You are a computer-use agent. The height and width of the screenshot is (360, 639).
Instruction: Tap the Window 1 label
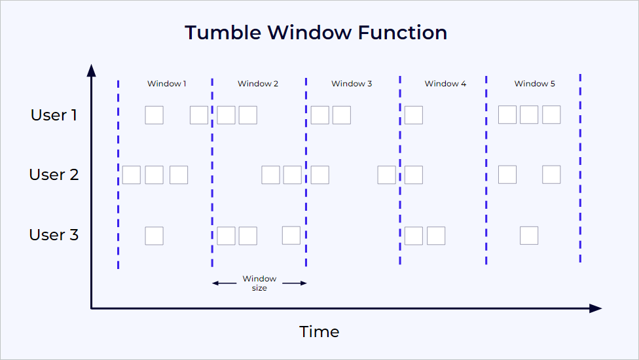coord(166,84)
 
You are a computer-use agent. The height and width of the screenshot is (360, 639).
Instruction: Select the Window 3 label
coord(352,84)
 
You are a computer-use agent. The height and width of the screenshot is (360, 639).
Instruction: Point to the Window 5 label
coord(534,84)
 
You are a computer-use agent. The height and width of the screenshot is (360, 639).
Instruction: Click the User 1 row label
coord(54,115)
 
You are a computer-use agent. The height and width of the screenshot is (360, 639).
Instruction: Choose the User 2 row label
coord(54,175)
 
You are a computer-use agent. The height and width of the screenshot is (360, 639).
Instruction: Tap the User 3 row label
coord(54,235)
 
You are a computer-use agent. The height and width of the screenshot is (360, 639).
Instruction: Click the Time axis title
coord(319,331)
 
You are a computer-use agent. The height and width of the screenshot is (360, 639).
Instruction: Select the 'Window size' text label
coord(259,283)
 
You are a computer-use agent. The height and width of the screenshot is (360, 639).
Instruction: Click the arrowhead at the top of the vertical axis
coord(92,70)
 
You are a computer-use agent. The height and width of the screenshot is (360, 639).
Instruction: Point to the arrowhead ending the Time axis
coord(595,308)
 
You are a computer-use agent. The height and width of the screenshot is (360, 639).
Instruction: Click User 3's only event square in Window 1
coord(154,236)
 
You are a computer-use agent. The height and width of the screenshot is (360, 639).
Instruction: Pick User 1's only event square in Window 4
coord(413,115)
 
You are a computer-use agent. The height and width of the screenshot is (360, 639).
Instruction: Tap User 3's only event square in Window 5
coord(529,236)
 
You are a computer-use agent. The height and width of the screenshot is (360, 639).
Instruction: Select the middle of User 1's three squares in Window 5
coord(529,115)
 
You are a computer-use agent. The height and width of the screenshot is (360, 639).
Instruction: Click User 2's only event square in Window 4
coord(413,175)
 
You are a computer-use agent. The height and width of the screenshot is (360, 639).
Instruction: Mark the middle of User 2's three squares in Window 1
coord(154,175)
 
